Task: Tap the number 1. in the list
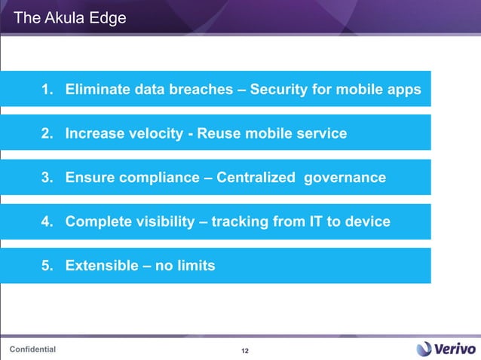coord(47,90)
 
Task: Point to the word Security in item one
coord(277,90)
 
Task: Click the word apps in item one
coord(405,90)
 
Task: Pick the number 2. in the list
coord(47,134)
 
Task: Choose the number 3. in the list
coord(47,178)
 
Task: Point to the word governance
coord(345,178)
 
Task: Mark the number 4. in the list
coord(47,221)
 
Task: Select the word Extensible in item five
coord(100,265)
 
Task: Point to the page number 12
coord(244,351)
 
